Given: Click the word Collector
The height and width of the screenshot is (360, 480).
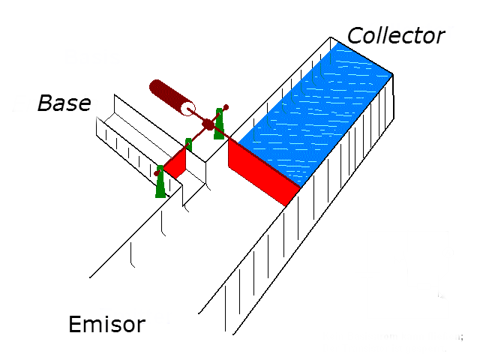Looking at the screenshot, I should pyautogui.click(x=396, y=35).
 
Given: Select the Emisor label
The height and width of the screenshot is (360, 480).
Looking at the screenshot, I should pyautogui.click(x=106, y=325).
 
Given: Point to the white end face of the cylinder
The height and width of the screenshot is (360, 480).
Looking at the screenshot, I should pyautogui.click(x=187, y=109).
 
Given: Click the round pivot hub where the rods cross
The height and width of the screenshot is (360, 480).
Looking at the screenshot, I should pyautogui.click(x=208, y=124).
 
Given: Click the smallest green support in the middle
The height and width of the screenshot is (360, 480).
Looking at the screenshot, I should pyautogui.click(x=189, y=145).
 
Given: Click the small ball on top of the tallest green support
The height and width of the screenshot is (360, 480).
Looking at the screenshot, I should pyautogui.click(x=226, y=107).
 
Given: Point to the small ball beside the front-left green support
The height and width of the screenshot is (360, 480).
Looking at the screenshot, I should pyautogui.click(x=157, y=173).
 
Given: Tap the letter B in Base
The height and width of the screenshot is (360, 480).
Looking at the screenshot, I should pyautogui.click(x=44, y=103).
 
